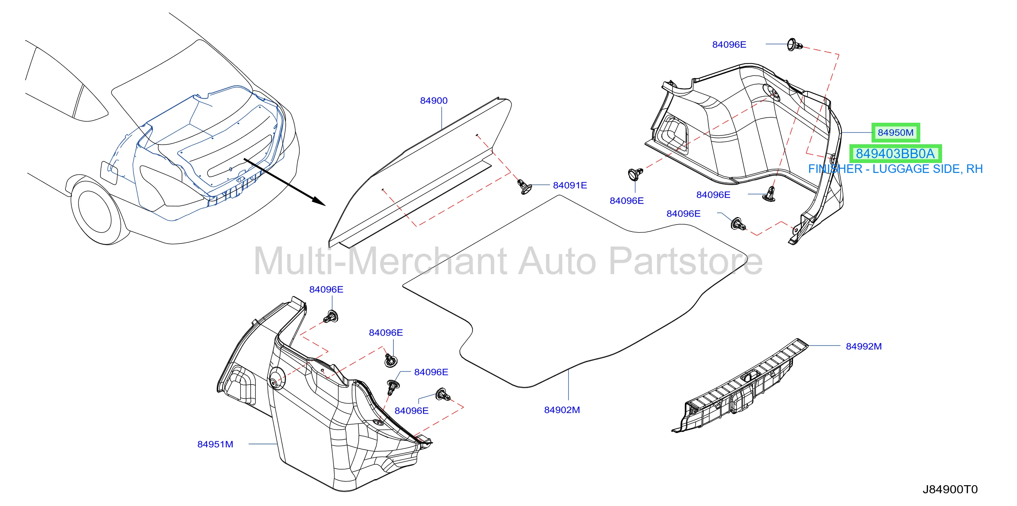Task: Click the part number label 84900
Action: (x=434, y=101)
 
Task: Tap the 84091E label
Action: (x=570, y=185)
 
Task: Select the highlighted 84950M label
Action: (x=895, y=132)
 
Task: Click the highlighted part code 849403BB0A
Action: (x=895, y=153)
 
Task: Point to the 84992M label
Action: (x=863, y=346)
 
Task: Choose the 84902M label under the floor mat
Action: (x=562, y=410)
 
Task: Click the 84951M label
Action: (x=215, y=444)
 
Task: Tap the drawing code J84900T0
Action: (x=950, y=489)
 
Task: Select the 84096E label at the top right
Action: (x=729, y=45)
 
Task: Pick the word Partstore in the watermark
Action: (x=686, y=261)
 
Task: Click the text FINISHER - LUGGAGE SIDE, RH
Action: (x=895, y=169)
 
